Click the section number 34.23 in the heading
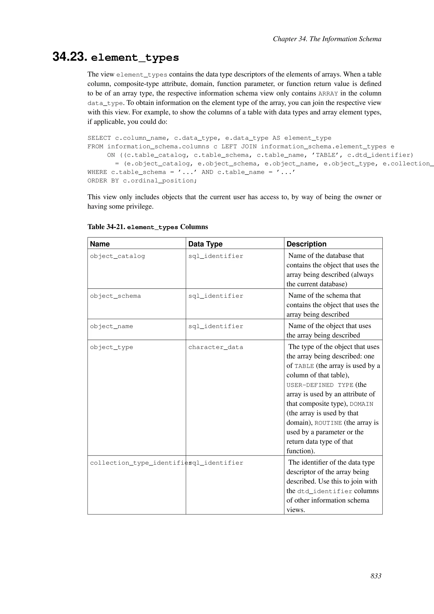(x=70, y=57)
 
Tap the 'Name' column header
(x=100, y=244)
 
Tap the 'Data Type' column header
(x=205, y=244)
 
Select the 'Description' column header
(x=306, y=244)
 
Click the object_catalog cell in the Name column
(x=117, y=256)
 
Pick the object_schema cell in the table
(x=115, y=296)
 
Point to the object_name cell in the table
(x=111, y=326)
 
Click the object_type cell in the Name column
(x=111, y=347)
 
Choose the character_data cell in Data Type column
(x=216, y=347)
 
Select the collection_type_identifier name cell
(x=139, y=463)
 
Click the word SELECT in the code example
(x=99, y=138)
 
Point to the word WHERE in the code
(x=97, y=172)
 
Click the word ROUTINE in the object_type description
(x=328, y=423)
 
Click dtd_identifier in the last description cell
(x=325, y=491)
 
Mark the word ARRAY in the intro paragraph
(x=328, y=93)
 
